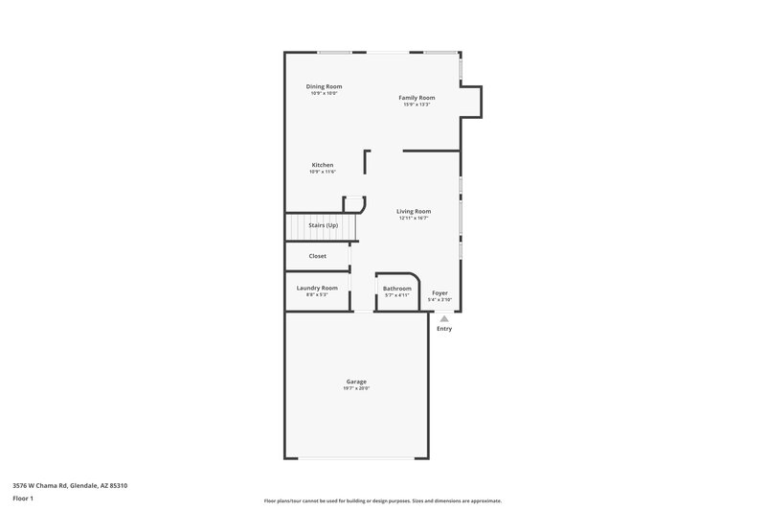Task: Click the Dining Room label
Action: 324,86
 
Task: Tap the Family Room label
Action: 417,98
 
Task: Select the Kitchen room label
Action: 322,165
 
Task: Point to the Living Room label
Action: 415,211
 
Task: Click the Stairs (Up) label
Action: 323,225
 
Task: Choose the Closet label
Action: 317,256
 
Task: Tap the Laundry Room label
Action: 317,288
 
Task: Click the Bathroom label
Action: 397,289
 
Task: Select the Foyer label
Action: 439,292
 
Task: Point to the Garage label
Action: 356,382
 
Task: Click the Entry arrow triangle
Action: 444,319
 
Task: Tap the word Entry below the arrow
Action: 444,329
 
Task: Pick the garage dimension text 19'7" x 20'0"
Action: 356,388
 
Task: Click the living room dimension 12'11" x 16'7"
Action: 415,218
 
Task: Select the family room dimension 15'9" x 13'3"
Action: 417,105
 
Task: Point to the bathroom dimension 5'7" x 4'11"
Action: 397,295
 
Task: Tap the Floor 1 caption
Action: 23,499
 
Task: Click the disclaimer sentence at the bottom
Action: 382,500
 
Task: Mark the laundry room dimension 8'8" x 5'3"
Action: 317,294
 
